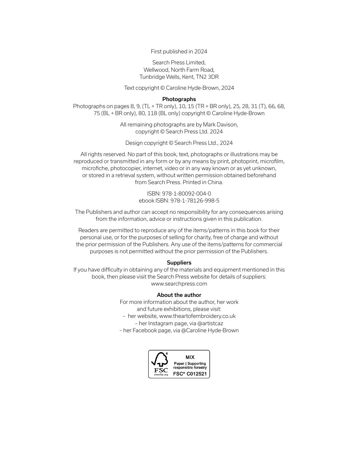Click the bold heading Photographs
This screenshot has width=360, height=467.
179,99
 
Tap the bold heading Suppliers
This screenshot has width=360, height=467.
179,263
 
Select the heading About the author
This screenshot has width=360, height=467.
179,295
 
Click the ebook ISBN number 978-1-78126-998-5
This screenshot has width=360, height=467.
195,200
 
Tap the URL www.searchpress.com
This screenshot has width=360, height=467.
179,284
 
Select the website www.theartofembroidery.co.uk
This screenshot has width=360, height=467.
197,316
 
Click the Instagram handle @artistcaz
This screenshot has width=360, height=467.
210,323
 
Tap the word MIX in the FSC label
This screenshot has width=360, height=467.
190,357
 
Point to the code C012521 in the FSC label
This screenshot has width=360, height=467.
197,374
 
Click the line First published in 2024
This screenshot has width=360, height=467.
179,51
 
